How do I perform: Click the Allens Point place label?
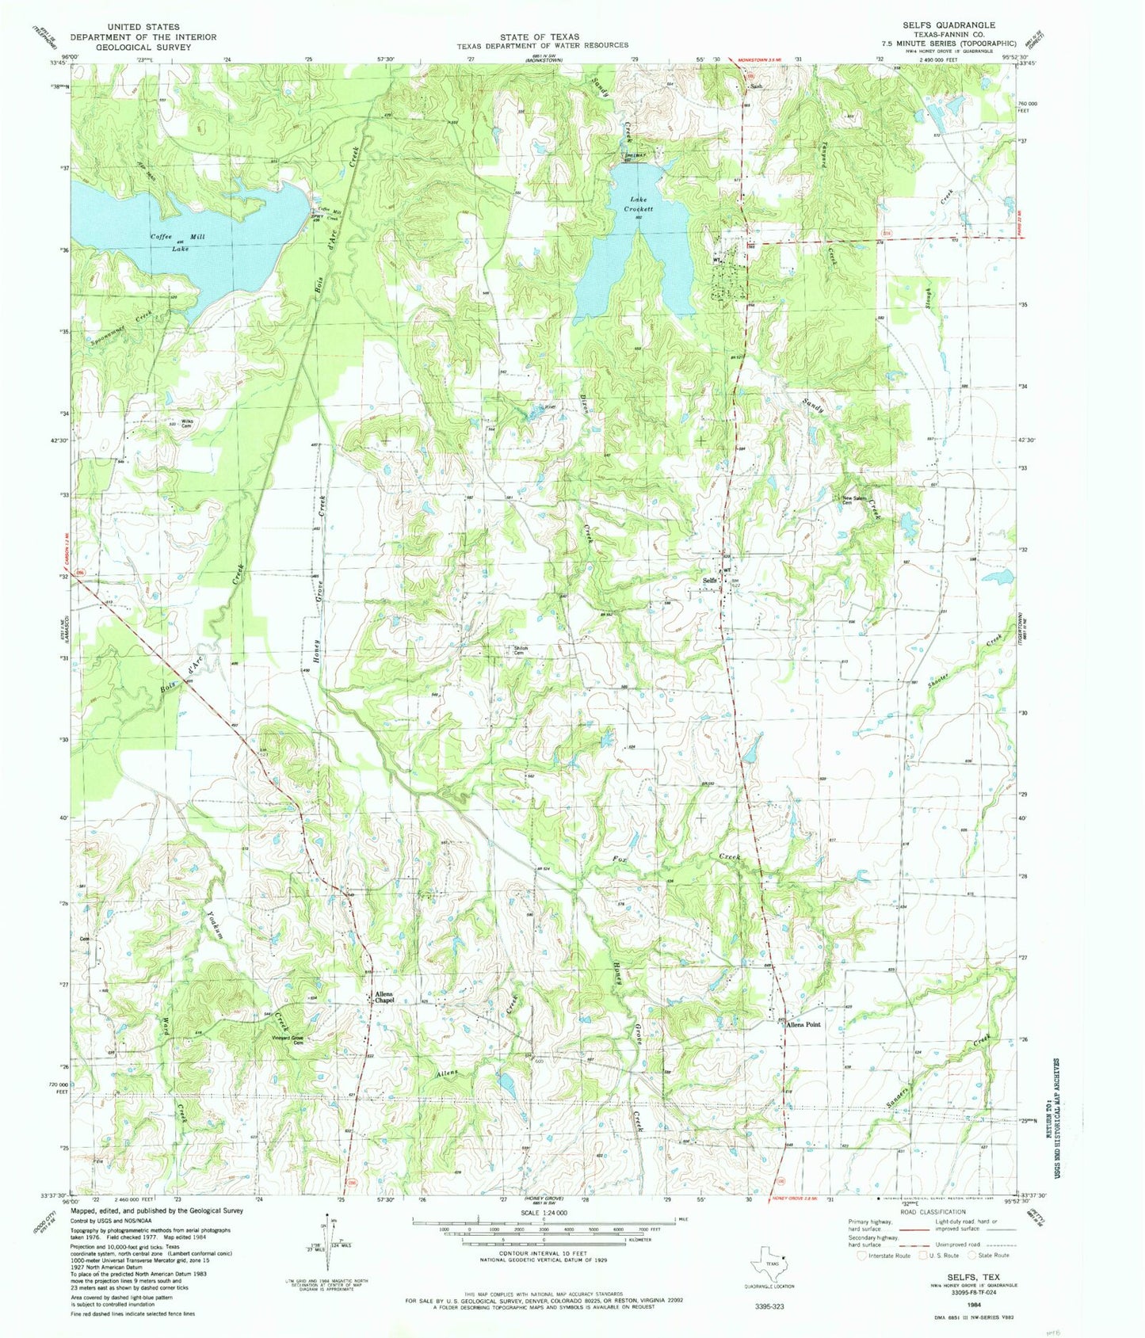click(802, 1024)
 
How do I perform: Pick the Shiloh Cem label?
click(521, 650)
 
